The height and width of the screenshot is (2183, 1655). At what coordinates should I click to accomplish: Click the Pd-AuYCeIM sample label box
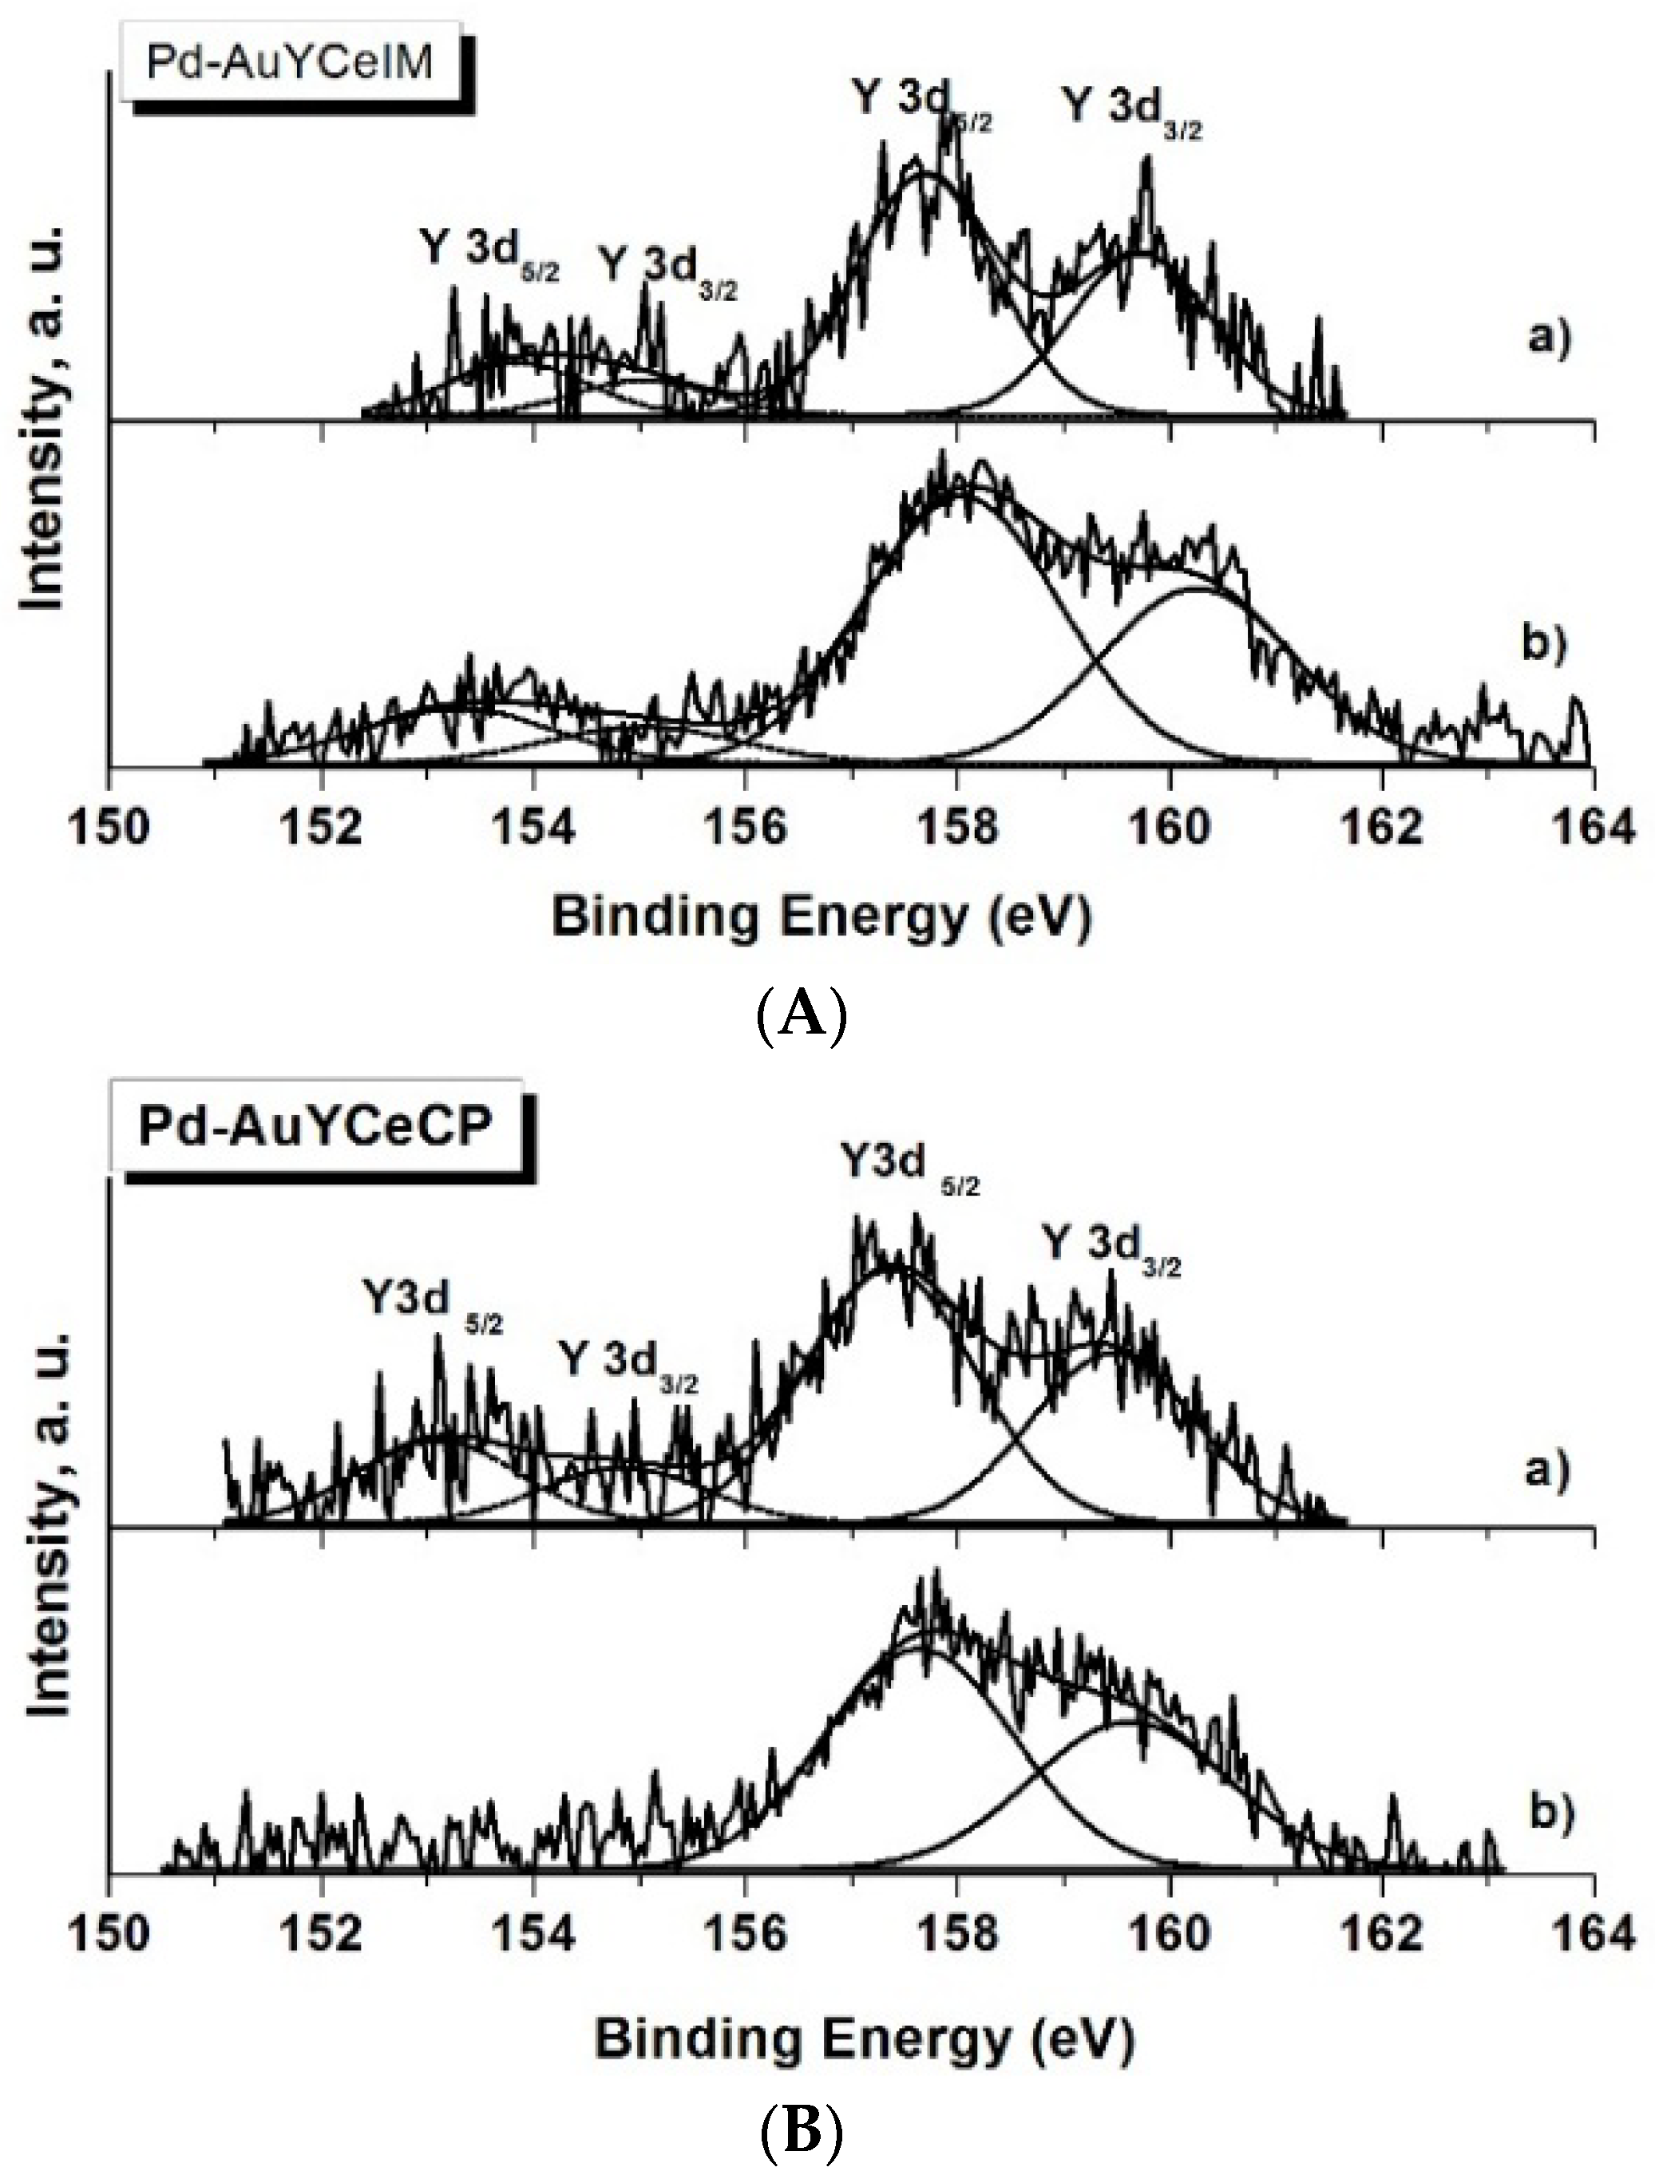point(288,63)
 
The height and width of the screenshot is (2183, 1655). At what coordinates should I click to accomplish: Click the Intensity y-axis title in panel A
point(46,418)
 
